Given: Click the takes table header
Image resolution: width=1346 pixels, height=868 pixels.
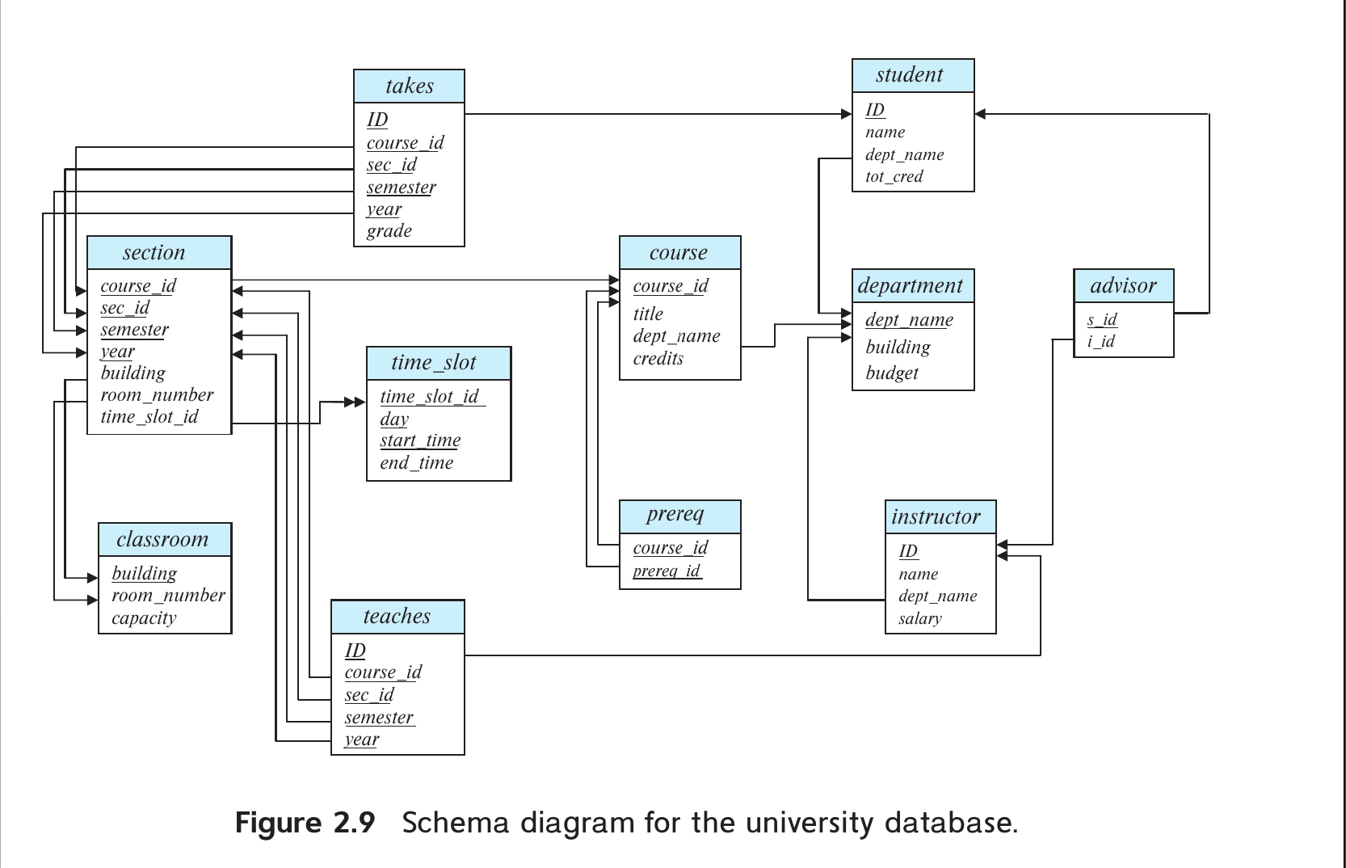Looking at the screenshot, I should (410, 86).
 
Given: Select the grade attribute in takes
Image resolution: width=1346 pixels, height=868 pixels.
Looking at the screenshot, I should (389, 231).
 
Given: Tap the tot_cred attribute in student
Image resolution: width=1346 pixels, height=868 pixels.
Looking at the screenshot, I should (894, 176).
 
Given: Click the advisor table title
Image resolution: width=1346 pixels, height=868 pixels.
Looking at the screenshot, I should (1123, 286).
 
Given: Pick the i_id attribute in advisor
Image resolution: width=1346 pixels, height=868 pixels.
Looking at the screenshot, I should (1101, 341).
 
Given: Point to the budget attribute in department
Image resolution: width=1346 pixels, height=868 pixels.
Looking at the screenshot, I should (892, 373).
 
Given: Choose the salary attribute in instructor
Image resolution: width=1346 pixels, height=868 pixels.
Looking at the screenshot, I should (920, 618).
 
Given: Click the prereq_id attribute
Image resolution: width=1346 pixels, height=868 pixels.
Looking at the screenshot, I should (667, 571).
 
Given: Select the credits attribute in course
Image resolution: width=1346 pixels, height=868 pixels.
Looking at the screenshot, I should (658, 359).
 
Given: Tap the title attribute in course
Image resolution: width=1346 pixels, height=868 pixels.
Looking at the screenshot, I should (648, 314).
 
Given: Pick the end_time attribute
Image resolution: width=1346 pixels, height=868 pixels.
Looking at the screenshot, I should (417, 463).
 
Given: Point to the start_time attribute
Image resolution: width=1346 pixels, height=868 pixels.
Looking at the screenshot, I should (420, 440).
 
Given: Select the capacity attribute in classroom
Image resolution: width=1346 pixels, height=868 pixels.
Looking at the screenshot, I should (144, 618).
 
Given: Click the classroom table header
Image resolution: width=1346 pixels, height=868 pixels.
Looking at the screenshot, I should (162, 540).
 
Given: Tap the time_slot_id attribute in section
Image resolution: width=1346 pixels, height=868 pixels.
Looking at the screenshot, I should (149, 417).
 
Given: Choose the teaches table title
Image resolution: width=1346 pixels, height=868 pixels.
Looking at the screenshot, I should (397, 617).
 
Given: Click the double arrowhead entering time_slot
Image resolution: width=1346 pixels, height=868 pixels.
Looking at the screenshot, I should (355, 402).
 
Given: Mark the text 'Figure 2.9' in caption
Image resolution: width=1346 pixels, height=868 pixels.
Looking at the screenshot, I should (305, 823).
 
